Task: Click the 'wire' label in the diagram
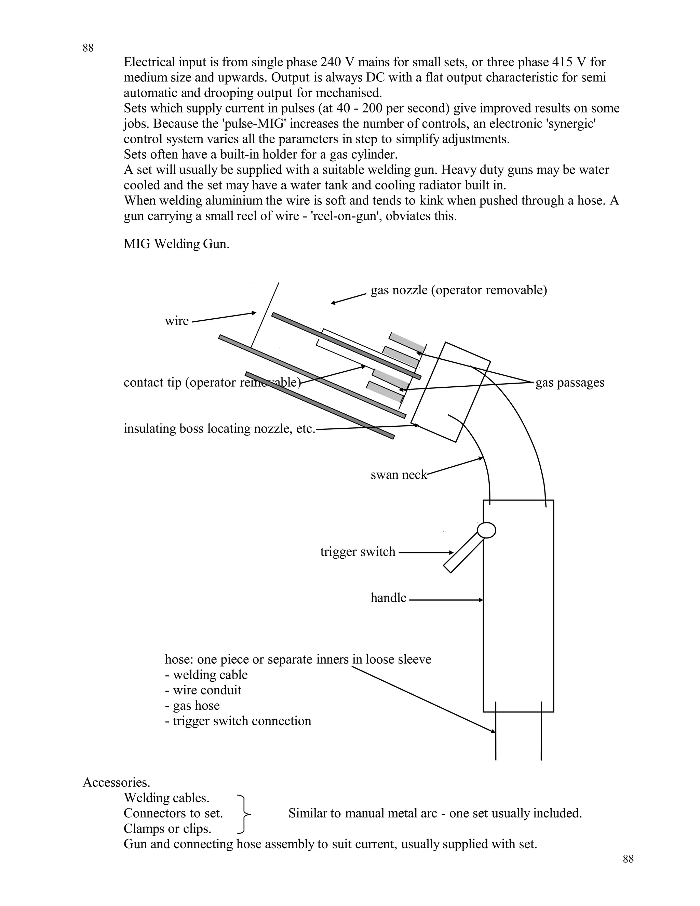tap(177, 321)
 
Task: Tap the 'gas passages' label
tap(569, 383)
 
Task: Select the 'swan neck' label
tap(399, 475)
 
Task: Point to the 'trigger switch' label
tap(358, 552)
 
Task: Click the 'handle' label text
tap(388, 598)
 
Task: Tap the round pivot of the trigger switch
tap(486, 530)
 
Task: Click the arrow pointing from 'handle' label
tap(445, 600)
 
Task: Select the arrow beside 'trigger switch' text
tap(426, 552)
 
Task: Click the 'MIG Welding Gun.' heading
tap(176, 244)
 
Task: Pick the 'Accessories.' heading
tap(117, 782)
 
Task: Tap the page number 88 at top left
tap(88, 48)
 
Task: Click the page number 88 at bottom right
tap(628, 859)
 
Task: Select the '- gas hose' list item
tap(192, 705)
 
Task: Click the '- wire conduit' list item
tap(203, 690)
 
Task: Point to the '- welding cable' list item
tap(206, 675)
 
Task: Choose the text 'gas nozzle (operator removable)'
tap(459, 290)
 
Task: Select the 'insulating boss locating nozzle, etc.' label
tap(219, 428)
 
